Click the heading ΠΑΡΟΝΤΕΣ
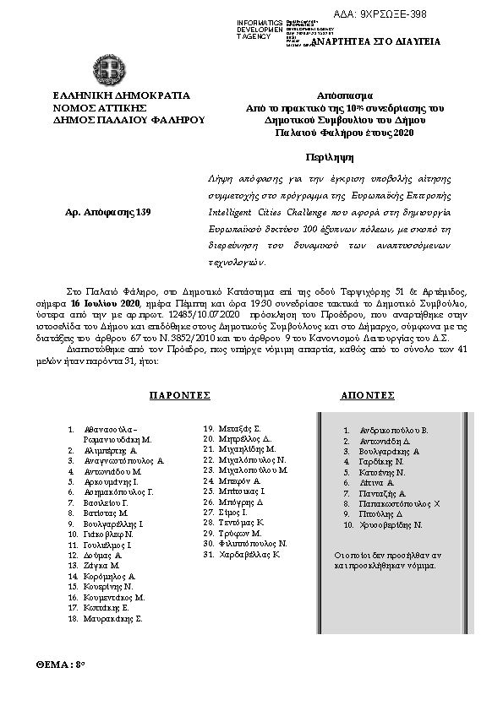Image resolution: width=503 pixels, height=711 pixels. point(179,395)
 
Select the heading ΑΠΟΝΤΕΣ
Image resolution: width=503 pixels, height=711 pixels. point(368,395)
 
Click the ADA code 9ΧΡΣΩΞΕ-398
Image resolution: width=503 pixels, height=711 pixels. point(391,14)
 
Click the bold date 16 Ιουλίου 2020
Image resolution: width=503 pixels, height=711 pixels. point(106,301)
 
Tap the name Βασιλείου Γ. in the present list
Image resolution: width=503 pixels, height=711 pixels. point(107,502)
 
